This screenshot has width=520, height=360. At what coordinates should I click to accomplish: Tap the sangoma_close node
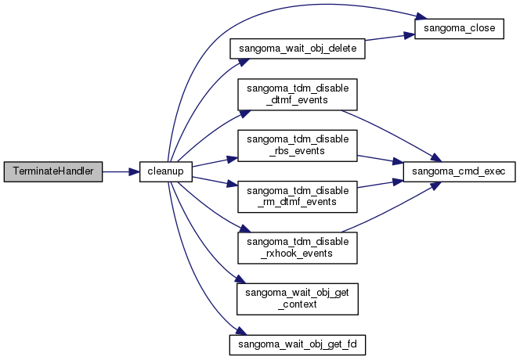(x=457, y=30)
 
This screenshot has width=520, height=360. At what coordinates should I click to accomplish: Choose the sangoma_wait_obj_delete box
(x=297, y=49)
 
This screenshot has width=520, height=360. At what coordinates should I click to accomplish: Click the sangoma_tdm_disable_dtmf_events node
(x=297, y=95)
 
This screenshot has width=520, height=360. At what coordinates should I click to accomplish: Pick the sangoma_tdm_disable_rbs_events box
(x=297, y=146)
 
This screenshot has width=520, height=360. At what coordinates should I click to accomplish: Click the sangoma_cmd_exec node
(x=457, y=171)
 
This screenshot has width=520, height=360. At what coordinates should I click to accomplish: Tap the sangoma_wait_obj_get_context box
(x=297, y=297)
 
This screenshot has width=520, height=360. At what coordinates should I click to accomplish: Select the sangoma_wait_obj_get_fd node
(x=297, y=343)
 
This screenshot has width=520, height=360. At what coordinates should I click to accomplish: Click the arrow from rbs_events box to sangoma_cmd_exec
(x=380, y=159)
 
